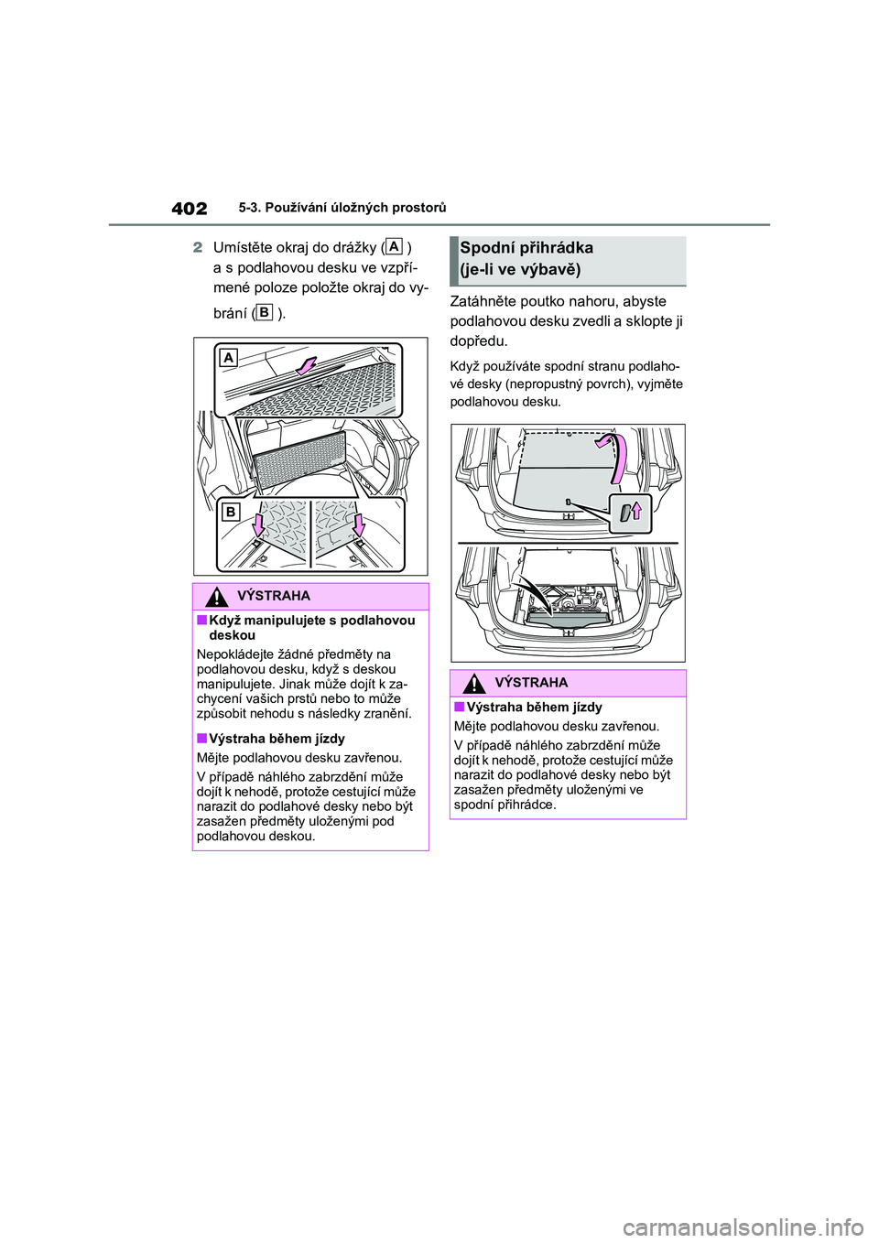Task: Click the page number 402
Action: point(189,209)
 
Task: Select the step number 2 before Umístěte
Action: point(197,248)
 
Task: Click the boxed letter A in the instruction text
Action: point(395,246)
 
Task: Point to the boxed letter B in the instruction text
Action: point(264,312)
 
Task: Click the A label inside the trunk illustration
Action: point(228,358)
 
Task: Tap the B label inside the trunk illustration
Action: point(231,513)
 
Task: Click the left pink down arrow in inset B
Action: point(258,524)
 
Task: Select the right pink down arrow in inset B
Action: point(359,524)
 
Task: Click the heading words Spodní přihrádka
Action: point(526,248)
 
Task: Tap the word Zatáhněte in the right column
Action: point(482,301)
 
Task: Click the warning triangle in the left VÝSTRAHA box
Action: point(216,597)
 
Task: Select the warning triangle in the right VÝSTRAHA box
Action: point(473,683)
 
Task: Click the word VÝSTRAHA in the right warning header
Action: point(531,683)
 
